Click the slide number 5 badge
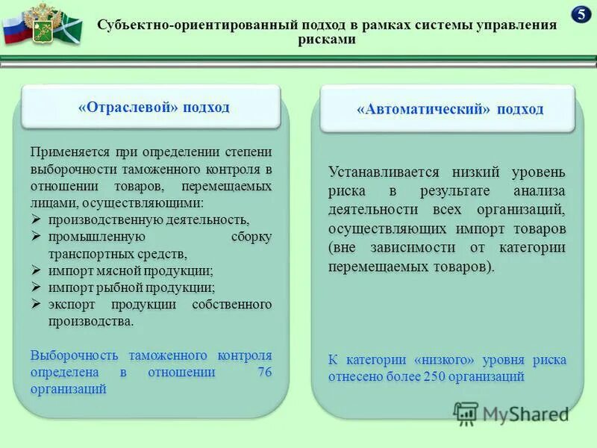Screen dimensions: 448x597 [x=581, y=14]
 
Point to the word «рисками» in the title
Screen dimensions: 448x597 [x=328, y=40]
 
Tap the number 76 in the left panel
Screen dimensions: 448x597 [x=264, y=372]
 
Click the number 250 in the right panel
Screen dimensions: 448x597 [x=436, y=376]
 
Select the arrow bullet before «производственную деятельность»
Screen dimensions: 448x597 [x=37, y=220]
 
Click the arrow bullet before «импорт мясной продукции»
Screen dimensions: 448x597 [x=37, y=270]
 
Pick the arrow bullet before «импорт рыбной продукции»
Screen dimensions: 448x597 [x=37, y=287]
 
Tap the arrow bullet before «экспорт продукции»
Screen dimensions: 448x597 [x=37, y=305]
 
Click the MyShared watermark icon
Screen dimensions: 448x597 [x=466, y=413]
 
